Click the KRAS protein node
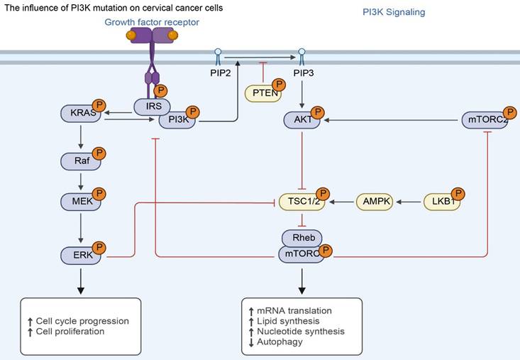click(80, 113)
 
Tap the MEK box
click(80, 201)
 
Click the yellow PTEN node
click(262, 93)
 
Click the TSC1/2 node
click(301, 202)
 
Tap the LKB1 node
click(442, 202)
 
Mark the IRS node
click(153, 107)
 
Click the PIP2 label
click(218, 74)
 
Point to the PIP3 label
click(303, 74)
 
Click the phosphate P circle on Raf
click(99, 153)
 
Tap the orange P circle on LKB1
click(458, 194)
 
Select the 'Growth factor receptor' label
click(152, 23)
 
